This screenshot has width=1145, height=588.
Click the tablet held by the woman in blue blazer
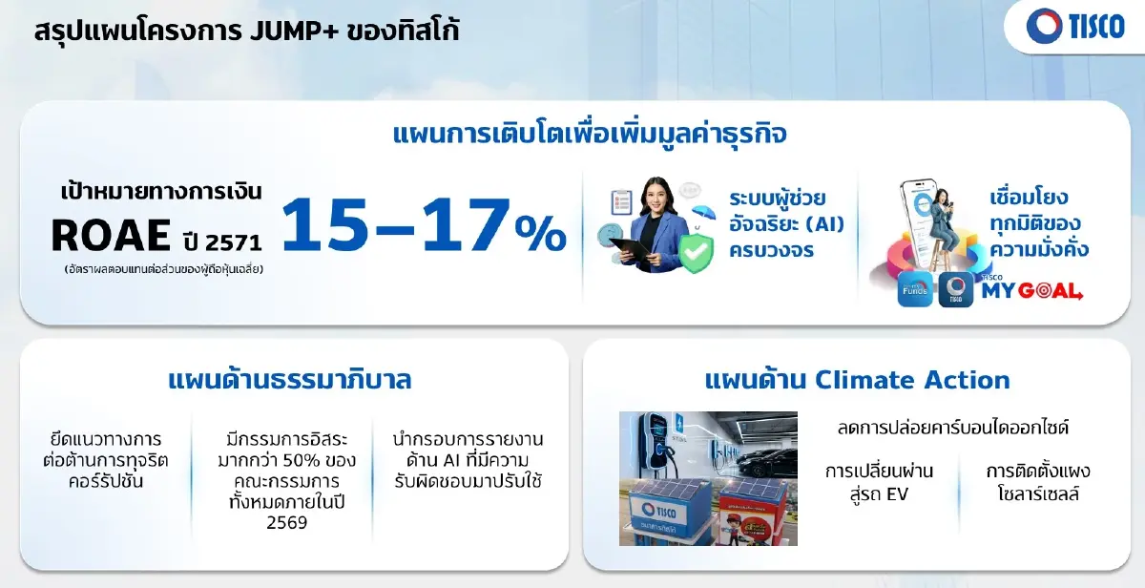point(635,251)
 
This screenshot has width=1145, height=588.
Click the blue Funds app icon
point(915,289)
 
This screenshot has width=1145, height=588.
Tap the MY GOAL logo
point(1030,290)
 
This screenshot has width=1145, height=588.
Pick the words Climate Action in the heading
point(912,380)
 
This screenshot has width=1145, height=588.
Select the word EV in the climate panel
point(897,494)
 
